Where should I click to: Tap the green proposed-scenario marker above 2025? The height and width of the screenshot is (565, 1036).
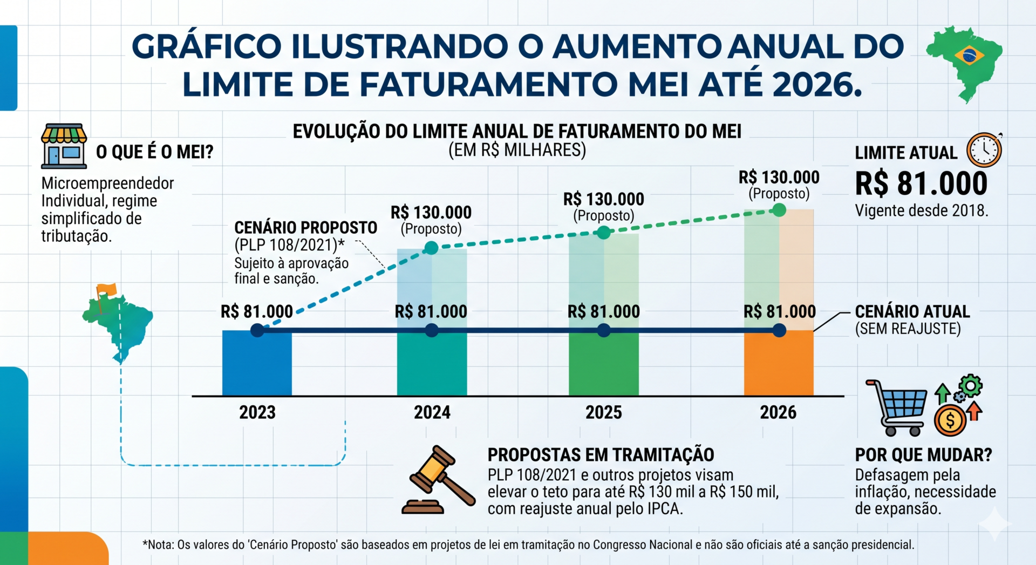click(x=604, y=233)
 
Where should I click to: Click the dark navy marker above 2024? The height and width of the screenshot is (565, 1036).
click(x=432, y=330)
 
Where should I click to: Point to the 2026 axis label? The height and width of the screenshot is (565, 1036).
click(x=778, y=412)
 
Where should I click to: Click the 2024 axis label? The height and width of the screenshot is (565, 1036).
click(x=432, y=412)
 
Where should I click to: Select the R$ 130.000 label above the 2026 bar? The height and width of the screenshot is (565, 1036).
click(x=779, y=177)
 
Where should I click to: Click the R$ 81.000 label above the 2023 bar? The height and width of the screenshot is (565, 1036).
click(x=257, y=311)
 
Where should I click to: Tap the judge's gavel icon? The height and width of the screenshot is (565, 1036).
click(x=438, y=479)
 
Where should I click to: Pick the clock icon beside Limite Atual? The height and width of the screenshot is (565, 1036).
click(x=984, y=150)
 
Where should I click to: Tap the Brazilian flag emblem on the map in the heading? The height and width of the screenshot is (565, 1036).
click(x=969, y=55)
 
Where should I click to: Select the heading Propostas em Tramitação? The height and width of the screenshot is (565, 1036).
click(x=601, y=455)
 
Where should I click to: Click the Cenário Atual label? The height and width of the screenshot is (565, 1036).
click(x=912, y=311)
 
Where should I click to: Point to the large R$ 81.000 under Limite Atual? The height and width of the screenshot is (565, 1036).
click(x=921, y=183)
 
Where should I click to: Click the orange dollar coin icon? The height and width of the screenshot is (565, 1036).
click(x=950, y=420)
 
